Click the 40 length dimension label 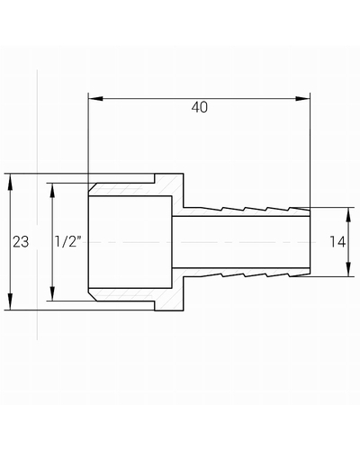click(200, 107)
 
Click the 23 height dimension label click(21, 241)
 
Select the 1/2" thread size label click(68, 241)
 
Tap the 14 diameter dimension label click(337, 242)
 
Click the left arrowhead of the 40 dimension click(95, 99)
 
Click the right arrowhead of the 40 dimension click(302, 99)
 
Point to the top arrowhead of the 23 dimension click(10, 182)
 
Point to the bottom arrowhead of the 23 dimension click(10, 301)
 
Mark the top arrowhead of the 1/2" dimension click(52, 191)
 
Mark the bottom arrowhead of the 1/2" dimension click(52, 293)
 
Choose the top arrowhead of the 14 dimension click(348, 215)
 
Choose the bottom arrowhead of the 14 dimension click(348, 269)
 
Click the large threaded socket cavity click(130, 242)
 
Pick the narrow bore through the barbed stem click(241, 242)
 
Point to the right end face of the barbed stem click(310, 242)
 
